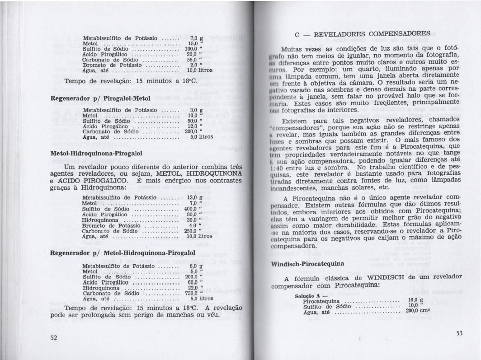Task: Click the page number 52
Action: click(x=53, y=338)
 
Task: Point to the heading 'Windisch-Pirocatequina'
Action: click(x=307, y=263)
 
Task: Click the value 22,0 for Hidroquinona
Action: click(x=194, y=288)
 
